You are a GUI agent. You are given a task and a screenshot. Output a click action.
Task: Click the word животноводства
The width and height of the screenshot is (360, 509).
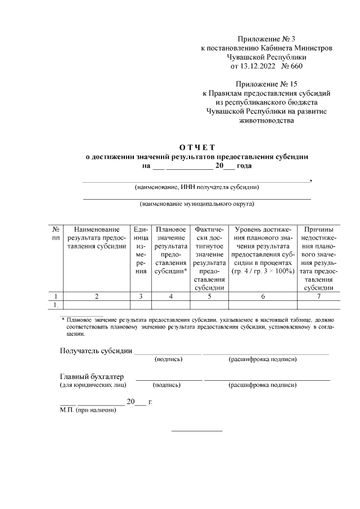(x=267, y=120)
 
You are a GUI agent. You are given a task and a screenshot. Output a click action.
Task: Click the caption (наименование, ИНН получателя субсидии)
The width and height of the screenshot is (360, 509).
(x=196, y=187)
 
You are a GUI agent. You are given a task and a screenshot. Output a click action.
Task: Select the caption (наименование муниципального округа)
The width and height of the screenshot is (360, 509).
(x=197, y=204)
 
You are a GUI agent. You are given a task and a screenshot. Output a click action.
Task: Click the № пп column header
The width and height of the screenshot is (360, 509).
(x=56, y=233)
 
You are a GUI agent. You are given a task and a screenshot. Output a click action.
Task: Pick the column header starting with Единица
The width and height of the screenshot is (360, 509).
(x=140, y=250)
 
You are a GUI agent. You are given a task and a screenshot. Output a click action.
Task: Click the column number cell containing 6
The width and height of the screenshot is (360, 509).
(x=263, y=296)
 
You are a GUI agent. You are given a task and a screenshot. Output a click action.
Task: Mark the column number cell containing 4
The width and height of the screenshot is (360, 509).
(x=170, y=296)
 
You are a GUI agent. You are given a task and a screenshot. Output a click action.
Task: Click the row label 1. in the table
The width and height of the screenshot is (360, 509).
(x=56, y=305)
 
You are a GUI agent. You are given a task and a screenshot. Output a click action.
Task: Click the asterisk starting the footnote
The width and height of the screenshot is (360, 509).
(x=63, y=319)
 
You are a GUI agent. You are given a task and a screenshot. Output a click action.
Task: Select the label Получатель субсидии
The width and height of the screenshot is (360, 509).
(x=96, y=352)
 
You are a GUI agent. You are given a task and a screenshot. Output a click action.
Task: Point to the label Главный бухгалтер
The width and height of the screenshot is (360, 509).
(x=92, y=376)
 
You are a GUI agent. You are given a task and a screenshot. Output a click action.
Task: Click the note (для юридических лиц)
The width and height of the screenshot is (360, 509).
(x=93, y=385)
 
